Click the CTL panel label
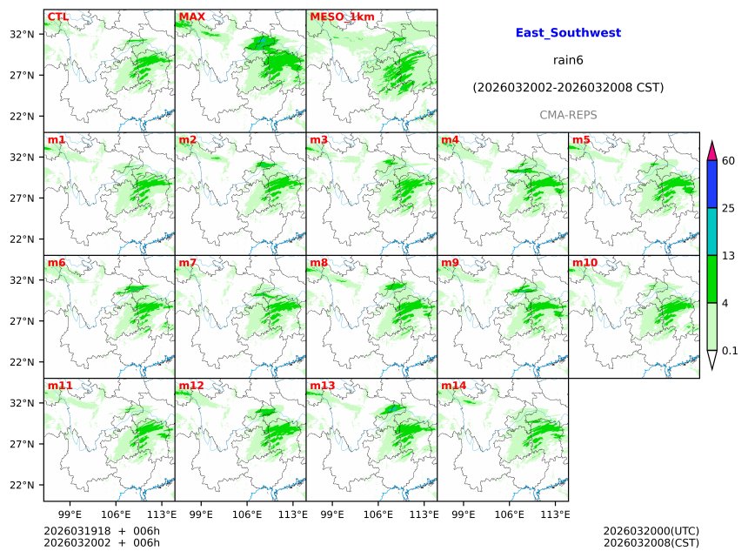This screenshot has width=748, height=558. click(57, 17)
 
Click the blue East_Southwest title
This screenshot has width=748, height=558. click(568, 33)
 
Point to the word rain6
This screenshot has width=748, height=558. click(568, 60)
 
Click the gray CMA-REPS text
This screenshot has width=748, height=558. click(568, 115)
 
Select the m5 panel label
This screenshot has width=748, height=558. click(581, 139)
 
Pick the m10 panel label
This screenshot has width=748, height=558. click(584, 262)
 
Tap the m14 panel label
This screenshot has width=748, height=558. click(453, 385)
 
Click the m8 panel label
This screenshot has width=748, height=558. click(318, 262)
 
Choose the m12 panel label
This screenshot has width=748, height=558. click(190, 385)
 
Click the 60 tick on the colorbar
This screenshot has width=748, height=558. click(729, 161)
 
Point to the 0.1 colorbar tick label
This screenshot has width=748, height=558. click(731, 351)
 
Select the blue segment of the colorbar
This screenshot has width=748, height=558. click(711, 184)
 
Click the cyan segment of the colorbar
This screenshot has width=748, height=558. click(711, 231)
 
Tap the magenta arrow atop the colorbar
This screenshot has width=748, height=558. click(711, 150)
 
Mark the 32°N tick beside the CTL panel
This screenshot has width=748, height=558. click(23, 34)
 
